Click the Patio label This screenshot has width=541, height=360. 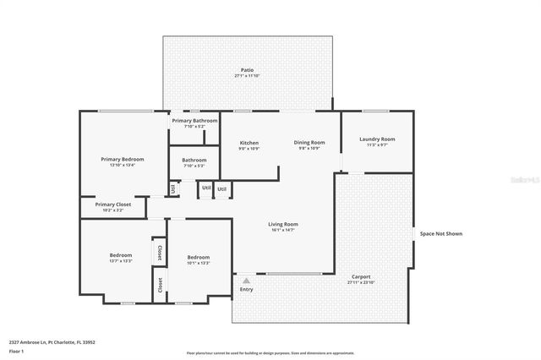247,70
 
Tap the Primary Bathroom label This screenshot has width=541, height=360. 194,121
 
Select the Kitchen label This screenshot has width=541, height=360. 249,143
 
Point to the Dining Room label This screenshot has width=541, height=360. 309,143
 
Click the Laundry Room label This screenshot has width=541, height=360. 376,139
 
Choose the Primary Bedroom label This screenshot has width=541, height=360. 122,159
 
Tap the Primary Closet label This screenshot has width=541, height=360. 112,204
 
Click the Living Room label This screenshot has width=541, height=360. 282,224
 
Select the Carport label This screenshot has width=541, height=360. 360,276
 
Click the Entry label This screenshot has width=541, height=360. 246,290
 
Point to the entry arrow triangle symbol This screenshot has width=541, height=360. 246,280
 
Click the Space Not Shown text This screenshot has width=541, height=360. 441,233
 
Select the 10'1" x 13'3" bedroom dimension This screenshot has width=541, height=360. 198,263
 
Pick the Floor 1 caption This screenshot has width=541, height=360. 16,350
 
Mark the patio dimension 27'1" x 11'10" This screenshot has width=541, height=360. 247,76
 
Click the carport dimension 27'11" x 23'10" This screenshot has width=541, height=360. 360,282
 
